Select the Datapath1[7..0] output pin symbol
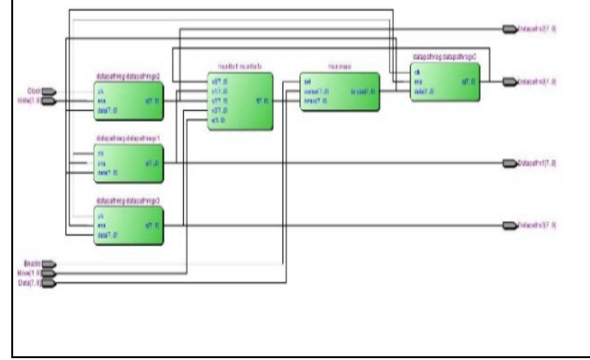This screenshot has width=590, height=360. pos(510,163)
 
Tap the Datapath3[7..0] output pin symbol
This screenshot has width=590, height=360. pos(510,224)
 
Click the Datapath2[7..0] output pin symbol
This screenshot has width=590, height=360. pos(510,29)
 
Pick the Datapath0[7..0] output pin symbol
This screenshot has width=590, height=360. pos(510,81)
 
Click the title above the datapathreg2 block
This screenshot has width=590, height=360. pos(128,76)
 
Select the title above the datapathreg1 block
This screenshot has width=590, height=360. pos(128,138)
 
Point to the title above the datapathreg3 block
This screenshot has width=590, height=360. pos(128,201)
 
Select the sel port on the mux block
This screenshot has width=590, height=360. pos(307,81)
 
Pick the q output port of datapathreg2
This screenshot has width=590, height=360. pos(150,100)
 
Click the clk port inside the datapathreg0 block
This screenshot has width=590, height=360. pos(417,72)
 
